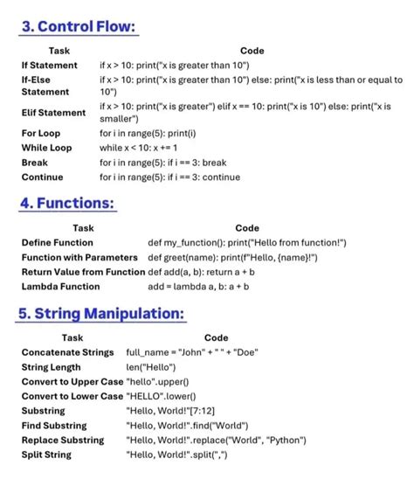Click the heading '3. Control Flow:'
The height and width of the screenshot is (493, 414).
pos(79,27)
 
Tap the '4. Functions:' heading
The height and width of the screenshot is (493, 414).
pos(67,203)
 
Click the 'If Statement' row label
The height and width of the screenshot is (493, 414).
pos(49,66)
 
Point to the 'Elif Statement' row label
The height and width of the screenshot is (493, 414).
pos(53,112)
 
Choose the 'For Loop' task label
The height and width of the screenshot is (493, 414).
pos(41,134)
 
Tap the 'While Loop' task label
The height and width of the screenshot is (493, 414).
pos(46,148)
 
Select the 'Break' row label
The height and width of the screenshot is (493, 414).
pos(35,163)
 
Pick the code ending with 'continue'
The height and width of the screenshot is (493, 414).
pos(169,177)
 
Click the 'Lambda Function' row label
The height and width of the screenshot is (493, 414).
pos(60,286)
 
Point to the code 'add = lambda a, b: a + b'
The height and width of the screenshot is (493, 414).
pos(198,286)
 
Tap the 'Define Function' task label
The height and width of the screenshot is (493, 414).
pos(57,242)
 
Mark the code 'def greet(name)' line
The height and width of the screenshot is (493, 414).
pos(232,257)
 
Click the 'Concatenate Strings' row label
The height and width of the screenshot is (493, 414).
pos(67,352)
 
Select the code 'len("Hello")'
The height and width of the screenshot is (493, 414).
pos(152,367)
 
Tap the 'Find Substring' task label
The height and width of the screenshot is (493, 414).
pos(53,426)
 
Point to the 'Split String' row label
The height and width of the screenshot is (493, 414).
pos(46,455)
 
